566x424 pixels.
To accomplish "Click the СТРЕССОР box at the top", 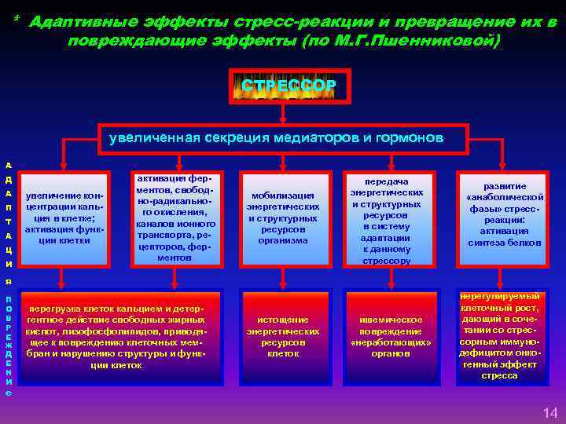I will coord(289,86).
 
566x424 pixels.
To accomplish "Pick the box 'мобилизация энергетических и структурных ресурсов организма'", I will coord(282,217).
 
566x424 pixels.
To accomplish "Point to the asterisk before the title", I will coord(17,20).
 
